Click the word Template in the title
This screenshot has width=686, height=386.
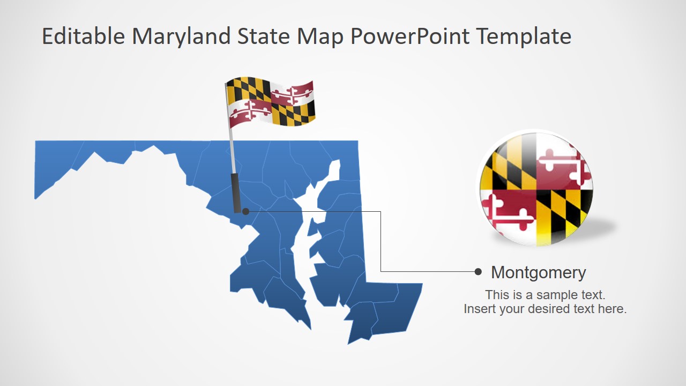[524, 36]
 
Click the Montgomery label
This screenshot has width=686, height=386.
[538, 272]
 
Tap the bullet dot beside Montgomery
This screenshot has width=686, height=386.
[478, 272]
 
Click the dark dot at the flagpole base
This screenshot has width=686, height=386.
[245, 211]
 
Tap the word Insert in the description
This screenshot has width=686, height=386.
[480, 309]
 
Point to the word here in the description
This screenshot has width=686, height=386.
[614, 309]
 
